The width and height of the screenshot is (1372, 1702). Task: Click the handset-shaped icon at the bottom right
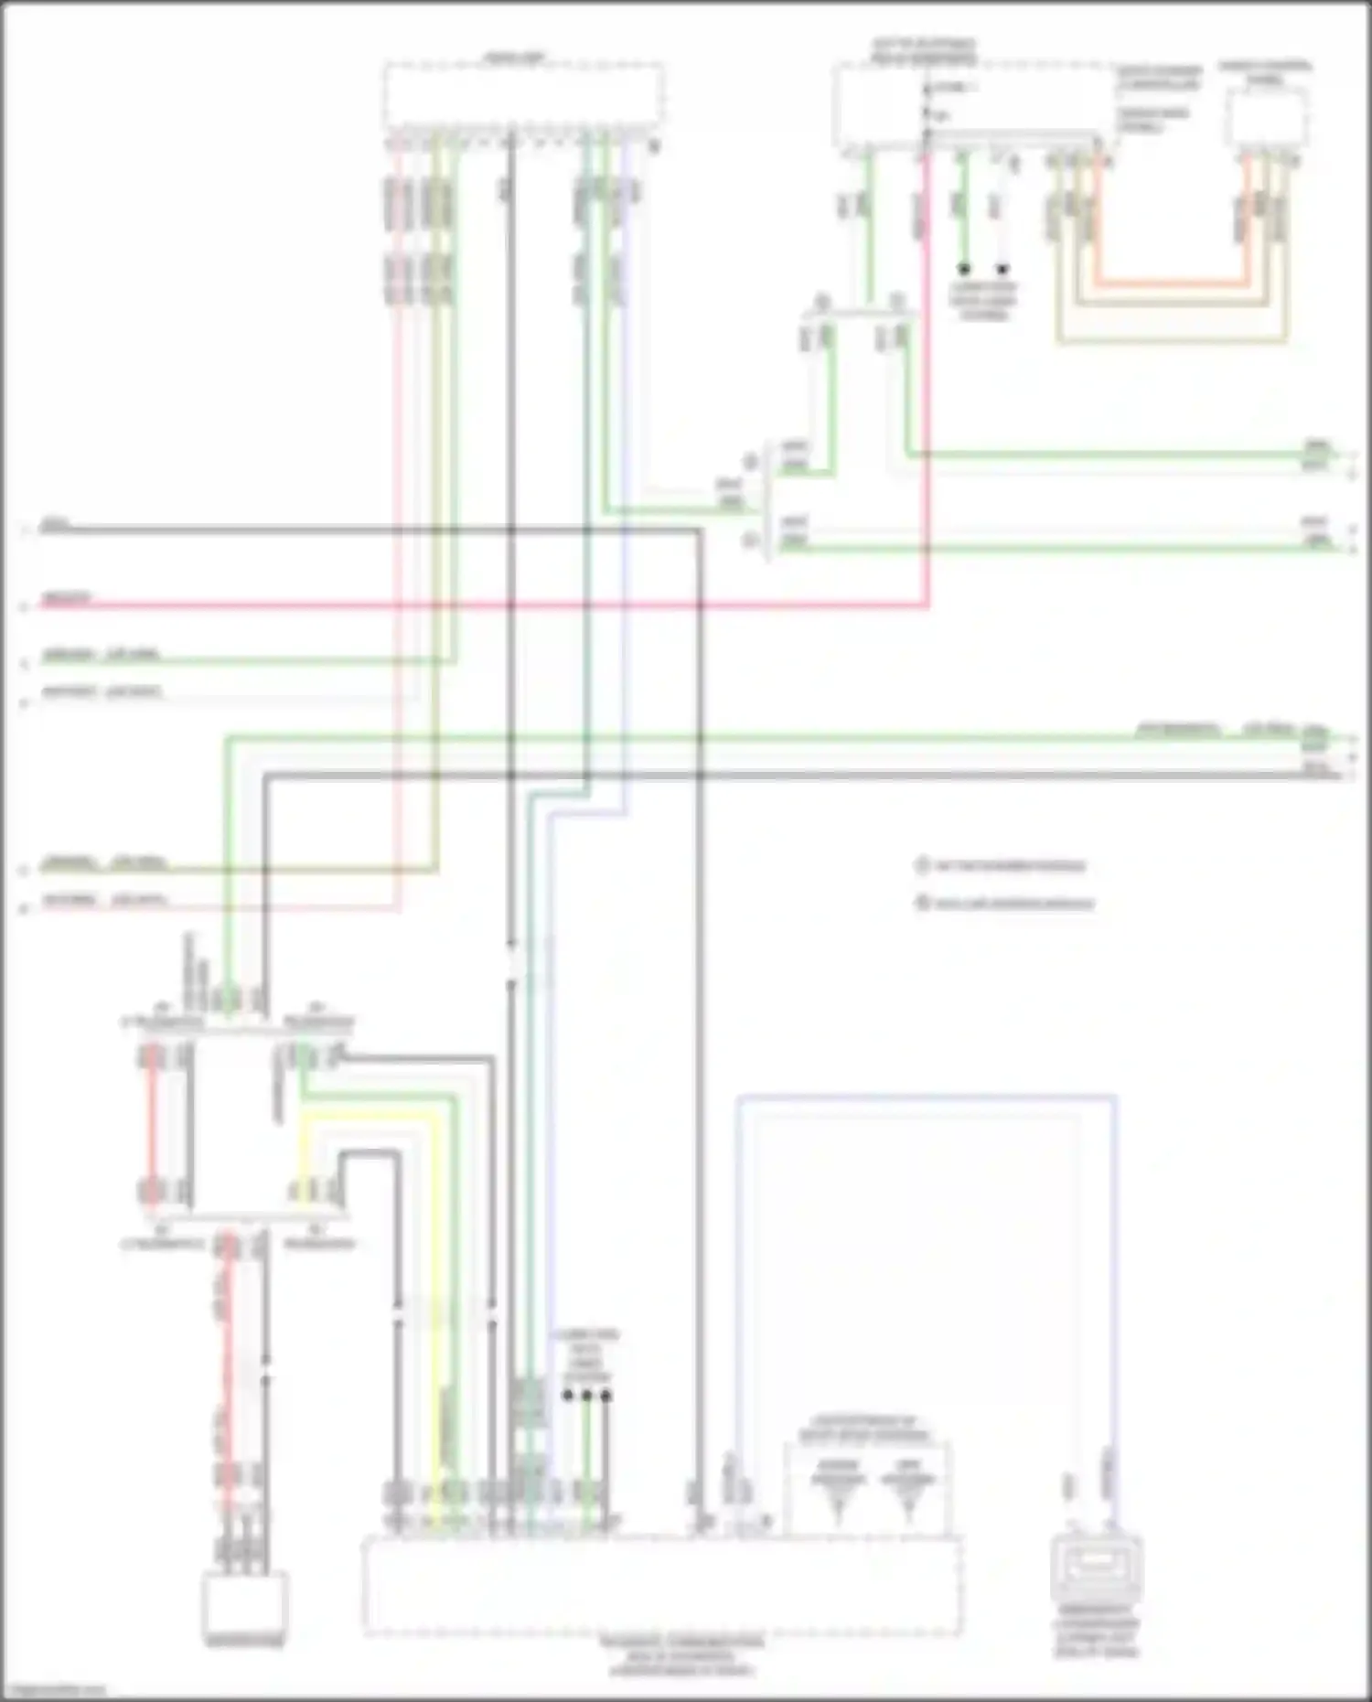1095,1569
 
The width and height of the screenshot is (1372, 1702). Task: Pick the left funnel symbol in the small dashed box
837,1489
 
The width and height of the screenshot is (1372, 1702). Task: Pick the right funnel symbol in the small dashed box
907,1489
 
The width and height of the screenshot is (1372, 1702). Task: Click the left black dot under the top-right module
963,270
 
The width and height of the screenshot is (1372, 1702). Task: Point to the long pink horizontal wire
457,605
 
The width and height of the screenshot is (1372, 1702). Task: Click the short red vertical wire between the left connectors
152,1125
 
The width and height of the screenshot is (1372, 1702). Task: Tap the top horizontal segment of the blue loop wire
924,1095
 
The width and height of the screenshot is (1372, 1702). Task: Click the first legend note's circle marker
921,865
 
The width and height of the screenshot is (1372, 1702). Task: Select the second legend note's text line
1013,905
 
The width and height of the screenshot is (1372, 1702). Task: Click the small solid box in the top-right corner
1267,119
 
